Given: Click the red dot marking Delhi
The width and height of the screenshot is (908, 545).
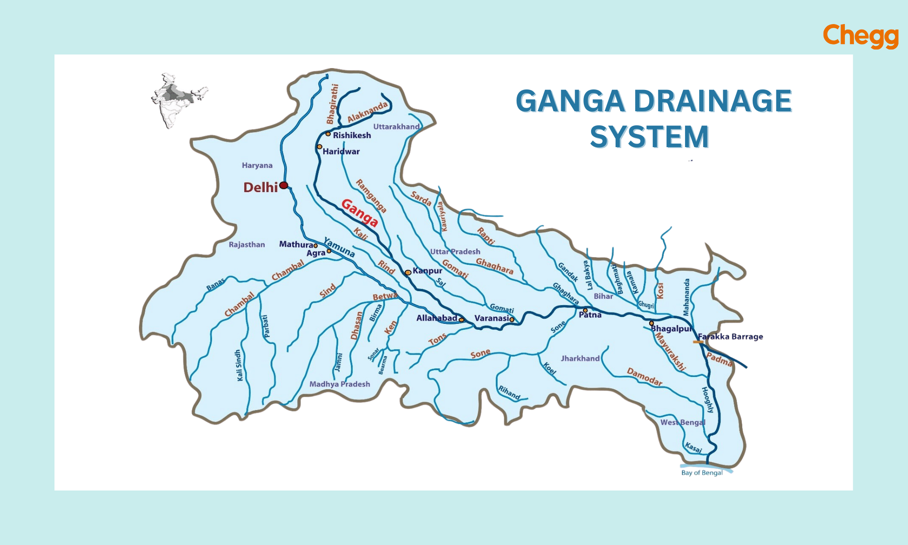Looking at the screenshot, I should coord(284,185).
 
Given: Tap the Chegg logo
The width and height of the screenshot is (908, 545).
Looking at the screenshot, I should coord(861,36).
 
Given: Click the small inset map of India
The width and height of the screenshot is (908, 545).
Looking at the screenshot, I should coord(178,100).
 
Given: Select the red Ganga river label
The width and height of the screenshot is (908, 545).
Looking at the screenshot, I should coord(360,213).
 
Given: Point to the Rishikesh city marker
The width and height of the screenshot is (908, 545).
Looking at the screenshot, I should coord(328,134).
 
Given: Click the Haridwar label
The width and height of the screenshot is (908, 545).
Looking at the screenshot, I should coord(341,152).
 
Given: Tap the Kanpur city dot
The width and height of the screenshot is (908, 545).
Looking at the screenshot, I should coord(408,272).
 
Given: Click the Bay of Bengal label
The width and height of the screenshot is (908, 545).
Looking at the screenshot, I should coord(702,473).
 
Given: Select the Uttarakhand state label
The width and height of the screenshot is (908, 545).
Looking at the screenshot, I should coord(396,127).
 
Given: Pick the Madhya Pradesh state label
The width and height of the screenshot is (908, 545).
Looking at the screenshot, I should coord(340,384).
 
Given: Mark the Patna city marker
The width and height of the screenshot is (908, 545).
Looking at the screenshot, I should coord(585,311).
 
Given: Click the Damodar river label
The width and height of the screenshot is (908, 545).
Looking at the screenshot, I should coord(645,377).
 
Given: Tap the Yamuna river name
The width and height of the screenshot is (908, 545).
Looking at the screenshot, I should coord(339,247).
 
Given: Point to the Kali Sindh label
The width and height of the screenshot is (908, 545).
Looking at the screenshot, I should coord(239,366).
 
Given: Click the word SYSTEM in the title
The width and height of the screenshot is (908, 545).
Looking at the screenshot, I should coord(649,137).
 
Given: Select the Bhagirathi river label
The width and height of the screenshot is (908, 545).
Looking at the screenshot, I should coord(333,104).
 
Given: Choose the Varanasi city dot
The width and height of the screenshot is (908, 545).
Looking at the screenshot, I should coord(512,320).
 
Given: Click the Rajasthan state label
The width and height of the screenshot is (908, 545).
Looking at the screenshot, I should coord(247,245).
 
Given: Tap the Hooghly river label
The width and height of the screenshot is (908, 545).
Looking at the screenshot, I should coord(708,400).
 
